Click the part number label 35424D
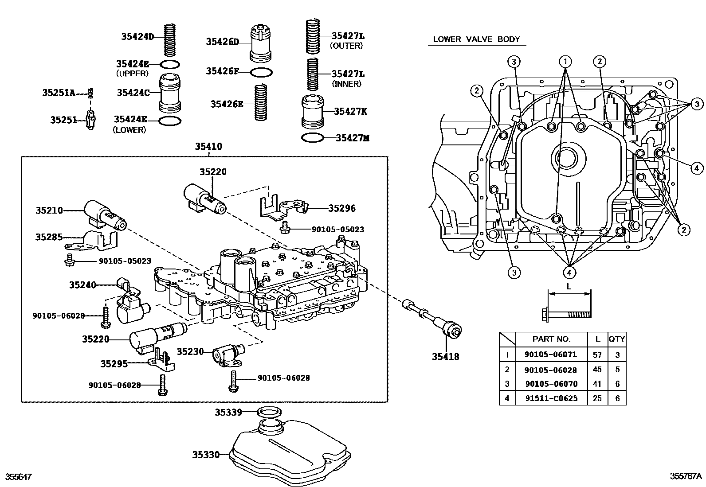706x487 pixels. point(137,37)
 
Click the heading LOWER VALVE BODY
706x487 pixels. point(476,39)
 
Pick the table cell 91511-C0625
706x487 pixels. point(551,398)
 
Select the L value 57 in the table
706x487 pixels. point(597,355)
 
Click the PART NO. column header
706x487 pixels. point(551,339)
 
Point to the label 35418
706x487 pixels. point(445,356)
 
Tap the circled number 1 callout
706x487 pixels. point(565,61)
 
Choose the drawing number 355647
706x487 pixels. point(18,477)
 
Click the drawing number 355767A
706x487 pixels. point(686,477)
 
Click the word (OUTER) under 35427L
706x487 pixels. point(346,46)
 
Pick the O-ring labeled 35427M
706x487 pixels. point(312,138)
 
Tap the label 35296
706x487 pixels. point(341,208)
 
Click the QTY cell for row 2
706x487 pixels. point(617,369)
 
